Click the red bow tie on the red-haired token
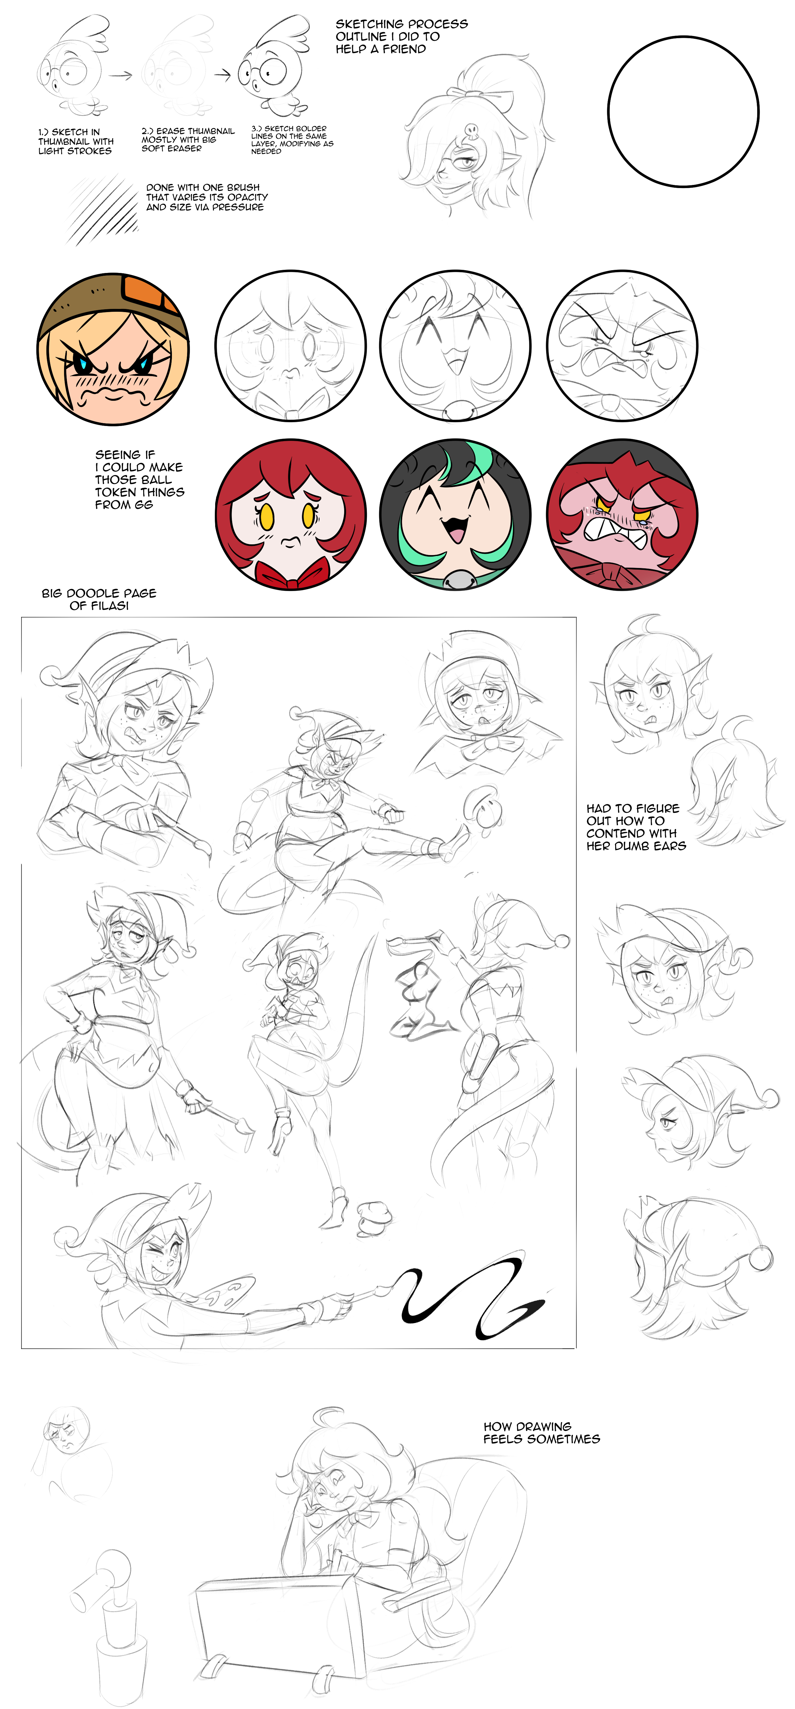(291, 575)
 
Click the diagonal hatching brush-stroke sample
(103, 209)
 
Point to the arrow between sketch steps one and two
(121, 75)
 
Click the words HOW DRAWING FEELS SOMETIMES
(542, 1432)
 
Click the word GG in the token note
(144, 505)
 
